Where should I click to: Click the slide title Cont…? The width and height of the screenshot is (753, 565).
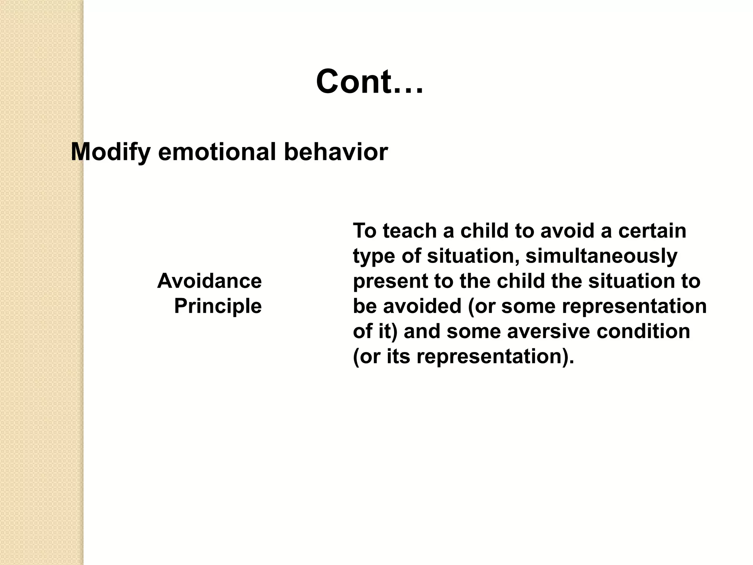[370, 82]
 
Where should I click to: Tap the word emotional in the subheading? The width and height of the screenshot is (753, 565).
[217, 152]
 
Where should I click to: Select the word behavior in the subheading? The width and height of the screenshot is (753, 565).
[336, 152]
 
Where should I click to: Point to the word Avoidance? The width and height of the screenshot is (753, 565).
[210, 281]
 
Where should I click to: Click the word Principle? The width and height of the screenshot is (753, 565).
[218, 306]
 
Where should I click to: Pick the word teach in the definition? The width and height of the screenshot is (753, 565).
[410, 231]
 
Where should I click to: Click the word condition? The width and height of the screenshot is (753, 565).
[643, 331]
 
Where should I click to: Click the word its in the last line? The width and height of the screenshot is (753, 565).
[398, 356]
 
